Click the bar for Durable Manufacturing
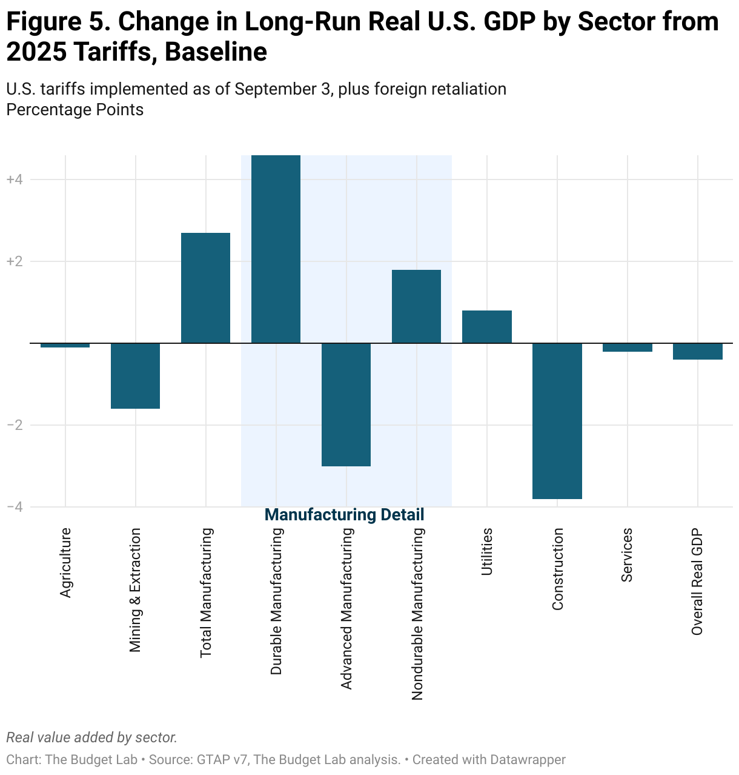click(x=276, y=249)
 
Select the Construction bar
click(x=557, y=421)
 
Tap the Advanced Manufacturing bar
click(x=346, y=404)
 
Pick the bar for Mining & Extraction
click(x=135, y=376)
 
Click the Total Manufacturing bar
click(x=205, y=288)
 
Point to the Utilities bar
click(x=486, y=327)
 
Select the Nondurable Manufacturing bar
click(x=416, y=306)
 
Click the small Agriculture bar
click(x=65, y=346)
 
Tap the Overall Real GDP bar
click(x=697, y=352)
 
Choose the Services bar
click(x=627, y=347)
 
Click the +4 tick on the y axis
click(x=15, y=179)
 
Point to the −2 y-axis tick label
click(x=15, y=425)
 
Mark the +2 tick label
click(x=15, y=261)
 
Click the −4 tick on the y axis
click(x=15, y=507)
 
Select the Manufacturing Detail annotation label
click(x=345, y=515)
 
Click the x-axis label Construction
click(x=558, y=569)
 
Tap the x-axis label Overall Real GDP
click(x=697, y=582)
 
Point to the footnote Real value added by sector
click(x=91, y=737)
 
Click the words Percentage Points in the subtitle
click(x=75, y=110)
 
